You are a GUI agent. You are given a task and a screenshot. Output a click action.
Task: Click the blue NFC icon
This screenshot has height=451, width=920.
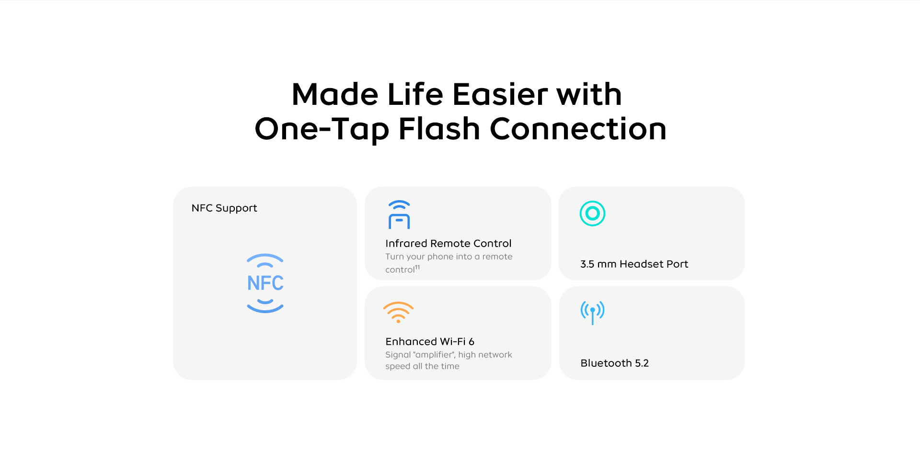(x=265, y=282)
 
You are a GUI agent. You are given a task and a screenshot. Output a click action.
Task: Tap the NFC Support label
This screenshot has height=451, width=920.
(x=224, y=208)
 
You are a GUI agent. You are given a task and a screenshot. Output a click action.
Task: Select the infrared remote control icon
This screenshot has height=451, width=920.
(x=399, y=214)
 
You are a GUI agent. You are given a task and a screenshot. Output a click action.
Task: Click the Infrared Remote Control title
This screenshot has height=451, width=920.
(x=448, y=243)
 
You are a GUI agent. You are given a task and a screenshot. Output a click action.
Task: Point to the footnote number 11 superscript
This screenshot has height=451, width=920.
(x=417, y=267)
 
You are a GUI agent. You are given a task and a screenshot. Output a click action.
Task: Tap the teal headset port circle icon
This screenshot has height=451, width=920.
(x=592, y=214)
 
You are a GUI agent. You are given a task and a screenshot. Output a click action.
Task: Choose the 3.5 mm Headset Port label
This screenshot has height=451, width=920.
(x=634, y=264)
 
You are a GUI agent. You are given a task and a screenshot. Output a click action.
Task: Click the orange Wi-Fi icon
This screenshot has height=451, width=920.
(x=398, y=312)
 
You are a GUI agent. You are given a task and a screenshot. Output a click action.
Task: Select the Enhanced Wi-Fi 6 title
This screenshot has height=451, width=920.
(x=430, y=341)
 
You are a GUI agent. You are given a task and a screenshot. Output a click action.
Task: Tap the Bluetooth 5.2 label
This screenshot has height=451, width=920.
(x=615, y=363)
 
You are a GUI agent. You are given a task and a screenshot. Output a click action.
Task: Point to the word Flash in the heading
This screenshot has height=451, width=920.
(x=439, y=129)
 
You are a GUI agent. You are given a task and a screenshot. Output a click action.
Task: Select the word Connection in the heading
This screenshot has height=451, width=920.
(x=578, y=129)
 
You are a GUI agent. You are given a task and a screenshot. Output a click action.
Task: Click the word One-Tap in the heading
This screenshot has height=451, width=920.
(x=322, y=130)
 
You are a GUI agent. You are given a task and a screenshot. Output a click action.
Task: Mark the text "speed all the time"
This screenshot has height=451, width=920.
(x=422, y=366)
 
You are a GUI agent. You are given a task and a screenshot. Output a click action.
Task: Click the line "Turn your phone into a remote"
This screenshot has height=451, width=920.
(x=449, y=257)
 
